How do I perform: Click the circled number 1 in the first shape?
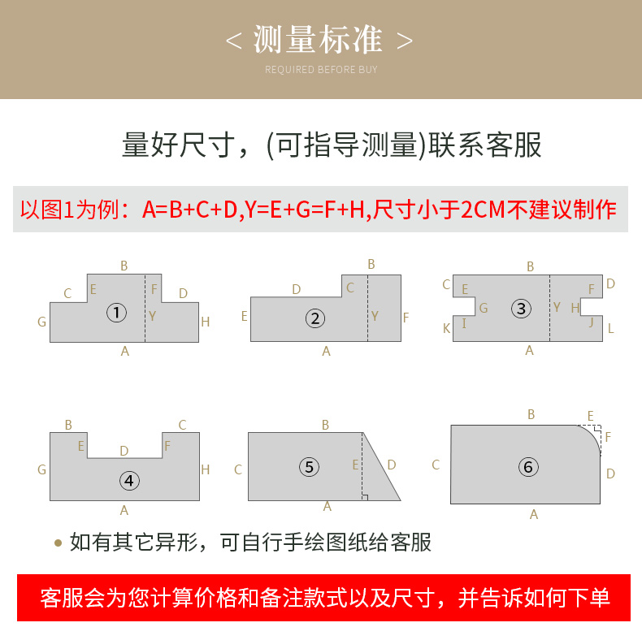[117, 313]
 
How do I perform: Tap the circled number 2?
[315, 318]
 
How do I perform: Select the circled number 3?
[521, 309]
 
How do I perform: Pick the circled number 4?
[129, 481]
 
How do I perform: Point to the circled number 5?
[309, 467]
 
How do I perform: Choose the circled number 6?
[528, 467]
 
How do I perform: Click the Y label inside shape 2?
[375, 316]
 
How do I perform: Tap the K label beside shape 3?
[446, 328]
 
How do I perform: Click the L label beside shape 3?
[610, 328]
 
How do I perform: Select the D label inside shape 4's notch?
[124, 451]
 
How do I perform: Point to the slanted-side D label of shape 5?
[392, 465]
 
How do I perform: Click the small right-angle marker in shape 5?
[365, 498]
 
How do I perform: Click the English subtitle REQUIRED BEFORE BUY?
[321, 70]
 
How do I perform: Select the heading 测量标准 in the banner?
[318, 39]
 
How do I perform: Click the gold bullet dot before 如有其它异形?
[59, 543]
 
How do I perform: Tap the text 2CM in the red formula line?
[484, 210]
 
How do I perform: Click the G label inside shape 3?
[484, 308]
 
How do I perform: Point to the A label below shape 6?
[534, 514]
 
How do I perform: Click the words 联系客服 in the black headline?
[485, 145]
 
